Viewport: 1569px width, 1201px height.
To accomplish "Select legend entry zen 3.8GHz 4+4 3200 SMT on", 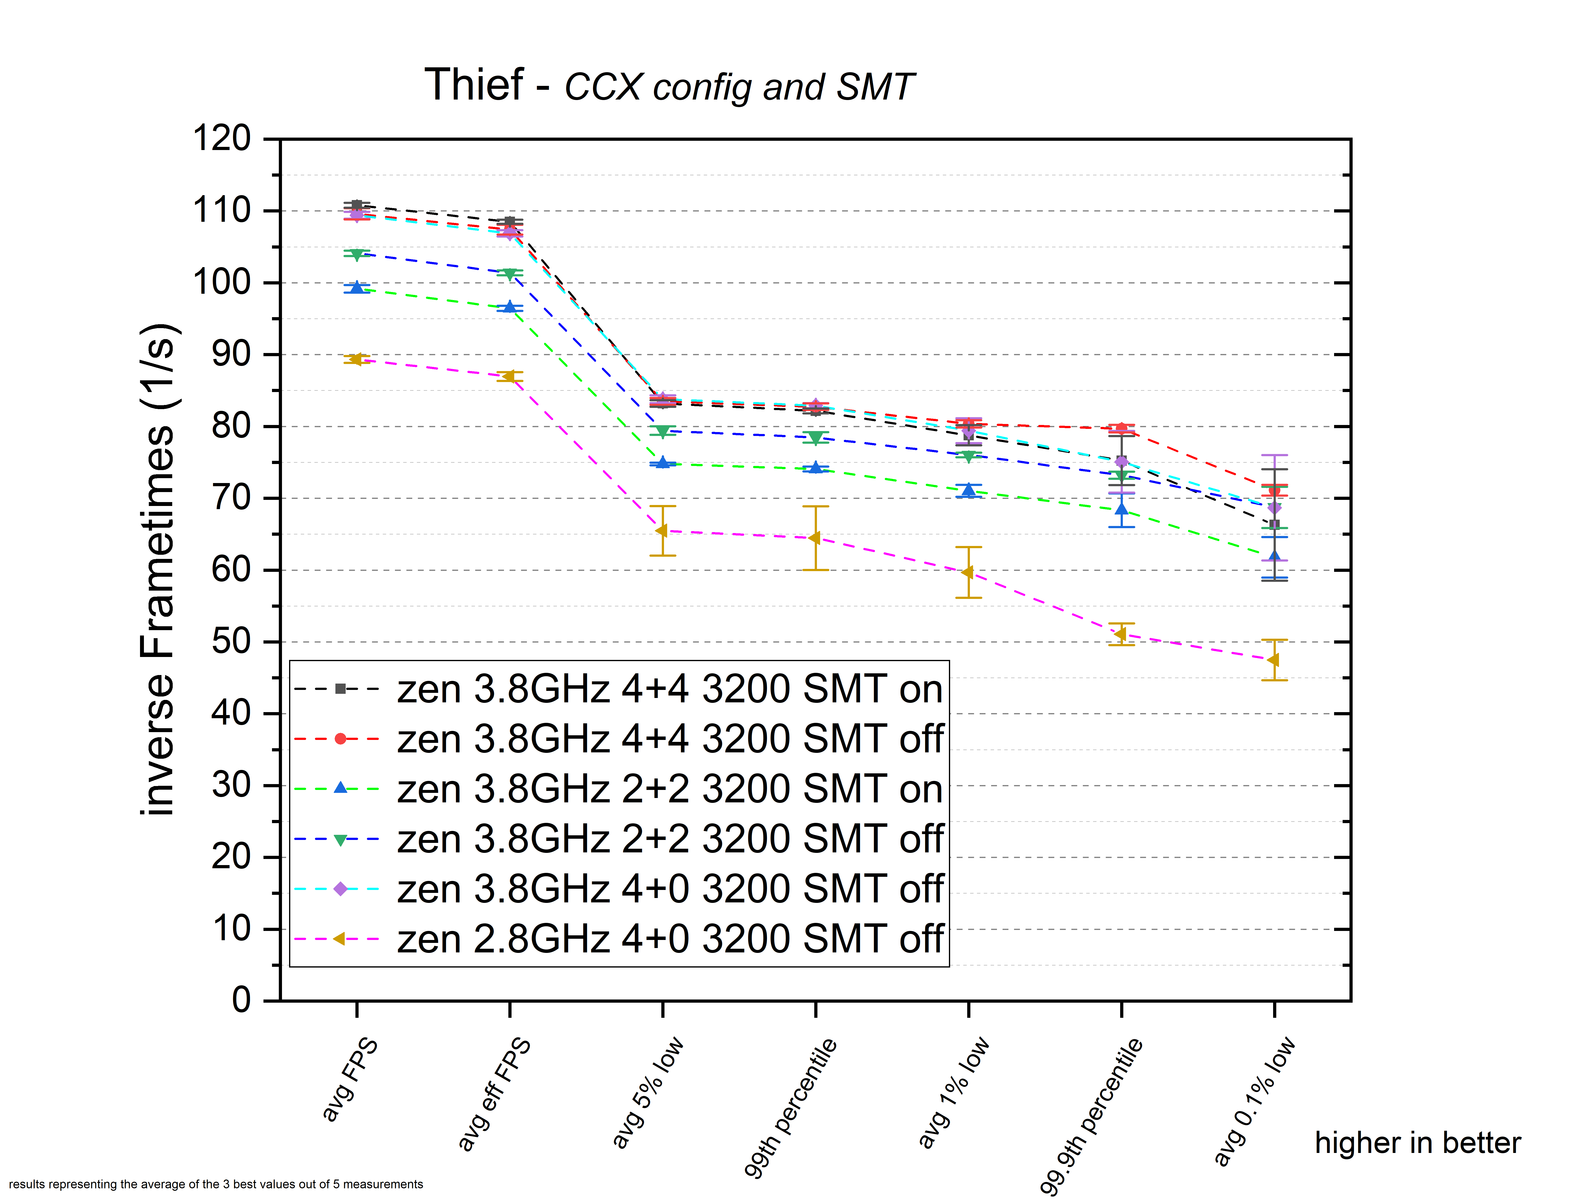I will tap(670, 689).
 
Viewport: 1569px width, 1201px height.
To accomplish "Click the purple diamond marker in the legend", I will tap(340, 888).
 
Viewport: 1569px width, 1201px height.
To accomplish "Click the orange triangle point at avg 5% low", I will tap(662, 530).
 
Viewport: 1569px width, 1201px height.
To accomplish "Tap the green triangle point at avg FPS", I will tap(356, 254).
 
